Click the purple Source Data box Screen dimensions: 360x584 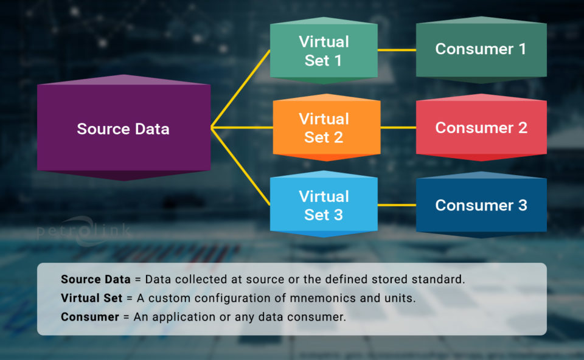[x=123, y=129]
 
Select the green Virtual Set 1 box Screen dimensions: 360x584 [x=324, y=51]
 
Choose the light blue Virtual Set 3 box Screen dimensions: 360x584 [x=324, y=206]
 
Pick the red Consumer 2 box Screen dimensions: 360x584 [x=481, y=128]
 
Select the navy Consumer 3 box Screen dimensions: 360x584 [x=481, y=206]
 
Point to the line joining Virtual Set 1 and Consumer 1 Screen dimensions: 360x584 [x=397, y=50]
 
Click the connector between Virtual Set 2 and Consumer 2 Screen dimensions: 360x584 [x=398, y=128]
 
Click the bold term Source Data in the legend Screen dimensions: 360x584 [x=96, y=280]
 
